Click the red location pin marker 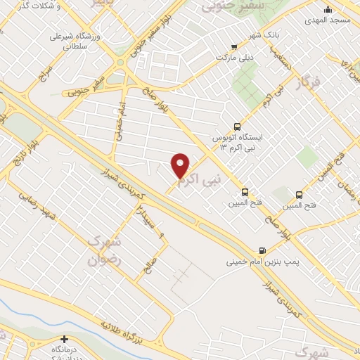tap(181, 165)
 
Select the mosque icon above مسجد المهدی tap(327, 9)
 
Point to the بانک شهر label tap(266, 34)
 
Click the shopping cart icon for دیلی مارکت tap(234, 48)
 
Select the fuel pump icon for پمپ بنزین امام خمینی tap(262, 250)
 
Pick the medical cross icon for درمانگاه tap(65, 339)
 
